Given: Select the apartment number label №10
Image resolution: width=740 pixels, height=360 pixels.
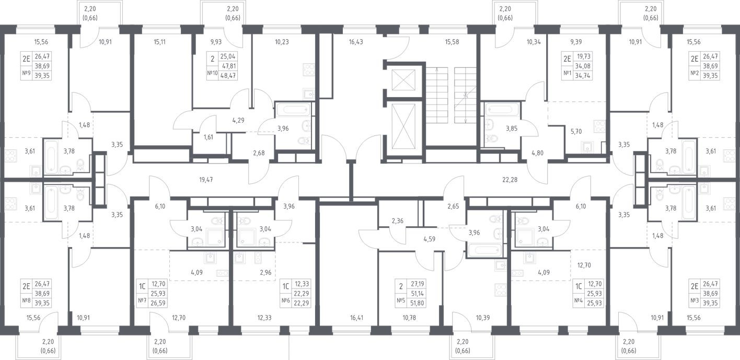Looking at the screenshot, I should (x=212, y=73).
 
